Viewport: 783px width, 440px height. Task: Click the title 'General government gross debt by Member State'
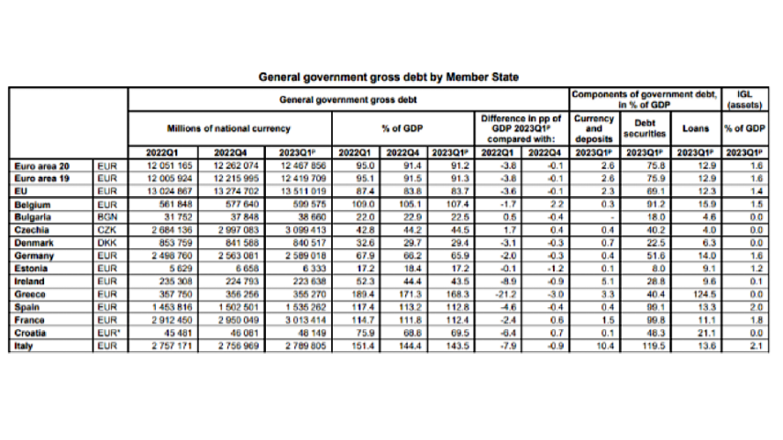(390, 77)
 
